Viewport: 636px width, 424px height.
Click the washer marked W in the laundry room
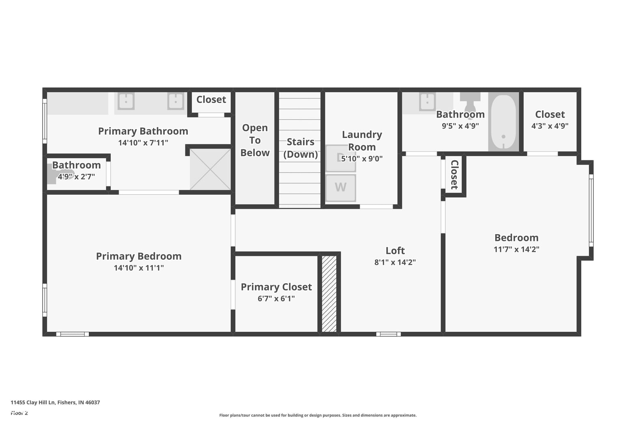click(x=340, y=188)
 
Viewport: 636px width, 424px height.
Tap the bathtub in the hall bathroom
click(x=503, y=122)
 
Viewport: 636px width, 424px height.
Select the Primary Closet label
click(x=276, y=287)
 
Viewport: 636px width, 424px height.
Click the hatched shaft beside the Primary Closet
click(x=329, y=294)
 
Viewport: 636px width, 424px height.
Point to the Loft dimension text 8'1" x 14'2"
click(x=395, y=262)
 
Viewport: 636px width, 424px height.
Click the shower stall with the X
click(x=210, y=169)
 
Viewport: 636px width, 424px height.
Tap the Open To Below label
click(x=255, y=140)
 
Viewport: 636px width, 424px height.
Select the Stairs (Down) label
click(x=301, y=148)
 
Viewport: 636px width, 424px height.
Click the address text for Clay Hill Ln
click(x=55, y=402)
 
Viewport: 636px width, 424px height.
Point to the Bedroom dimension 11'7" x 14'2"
click(x=516, y=250)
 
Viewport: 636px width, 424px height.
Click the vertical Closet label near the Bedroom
click(x=455, y=174)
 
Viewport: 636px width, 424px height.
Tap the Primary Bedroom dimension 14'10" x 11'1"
click(x=139, y=268)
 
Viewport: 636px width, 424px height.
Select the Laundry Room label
click(x=362, y=140)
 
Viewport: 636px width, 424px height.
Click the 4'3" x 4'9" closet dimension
click(x=550, y=126)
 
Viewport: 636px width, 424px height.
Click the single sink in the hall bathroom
click(x=427, y=101)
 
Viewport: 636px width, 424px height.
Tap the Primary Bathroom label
click(x=143, y=131)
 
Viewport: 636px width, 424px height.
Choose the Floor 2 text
click(x=19, y=413)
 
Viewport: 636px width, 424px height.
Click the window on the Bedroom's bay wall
click(x=591, y=211)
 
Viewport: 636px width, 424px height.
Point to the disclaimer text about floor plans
click(x=318, y=415)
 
